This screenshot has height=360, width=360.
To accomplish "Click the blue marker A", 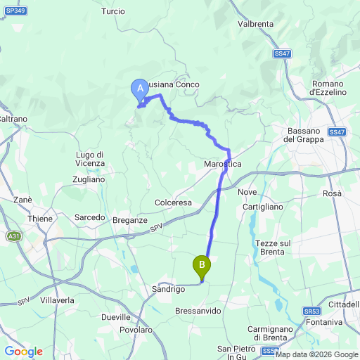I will tap(139, 89).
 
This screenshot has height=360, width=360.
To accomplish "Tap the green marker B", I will tap(202, 266).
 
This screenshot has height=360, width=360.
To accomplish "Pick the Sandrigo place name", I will tap(168, 289).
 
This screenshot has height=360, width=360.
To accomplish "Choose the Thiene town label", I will tap(40, 219).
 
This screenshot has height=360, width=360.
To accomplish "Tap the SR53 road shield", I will tap(313, 310).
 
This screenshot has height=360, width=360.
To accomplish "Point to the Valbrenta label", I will tap(255, 24).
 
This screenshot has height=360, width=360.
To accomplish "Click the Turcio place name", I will tap(112, 11).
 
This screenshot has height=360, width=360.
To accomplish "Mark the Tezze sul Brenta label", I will tap(270, 247).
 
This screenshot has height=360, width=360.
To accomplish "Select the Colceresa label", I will tap(173, 202).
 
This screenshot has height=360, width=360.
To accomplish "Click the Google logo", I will tap(23, 352).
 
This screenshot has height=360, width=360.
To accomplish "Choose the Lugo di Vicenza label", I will tap(89, 159).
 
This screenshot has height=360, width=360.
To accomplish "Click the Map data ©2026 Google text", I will tap(316, 354).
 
